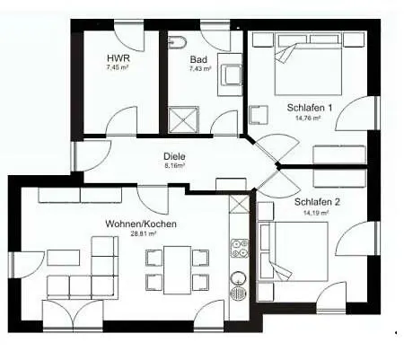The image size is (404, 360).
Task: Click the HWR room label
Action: (119, 57)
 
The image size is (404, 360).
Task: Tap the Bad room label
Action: (198, 59)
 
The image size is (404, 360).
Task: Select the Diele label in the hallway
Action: (174, 156)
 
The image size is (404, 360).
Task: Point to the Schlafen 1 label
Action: (310, 108)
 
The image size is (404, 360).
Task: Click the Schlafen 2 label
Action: (317, 202)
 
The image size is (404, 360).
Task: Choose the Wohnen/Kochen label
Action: (141, 224)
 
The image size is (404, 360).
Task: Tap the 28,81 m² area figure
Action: (144, 233)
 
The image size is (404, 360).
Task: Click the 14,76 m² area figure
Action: (308, 118)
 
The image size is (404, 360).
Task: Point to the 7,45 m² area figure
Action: (118, 67)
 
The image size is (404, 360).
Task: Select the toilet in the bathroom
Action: (177, 42)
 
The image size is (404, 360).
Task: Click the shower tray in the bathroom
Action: (183, 119)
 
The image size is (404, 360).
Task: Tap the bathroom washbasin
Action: (230, 75)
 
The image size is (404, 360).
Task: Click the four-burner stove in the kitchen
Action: (240, 249)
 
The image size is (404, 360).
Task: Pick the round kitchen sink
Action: (239, 278)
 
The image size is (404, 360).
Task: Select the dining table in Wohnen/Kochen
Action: (177, 270)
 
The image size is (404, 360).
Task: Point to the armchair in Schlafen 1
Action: (259, 115)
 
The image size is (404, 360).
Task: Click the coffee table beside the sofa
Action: (64, 258)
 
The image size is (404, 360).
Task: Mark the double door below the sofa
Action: (74, 315)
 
